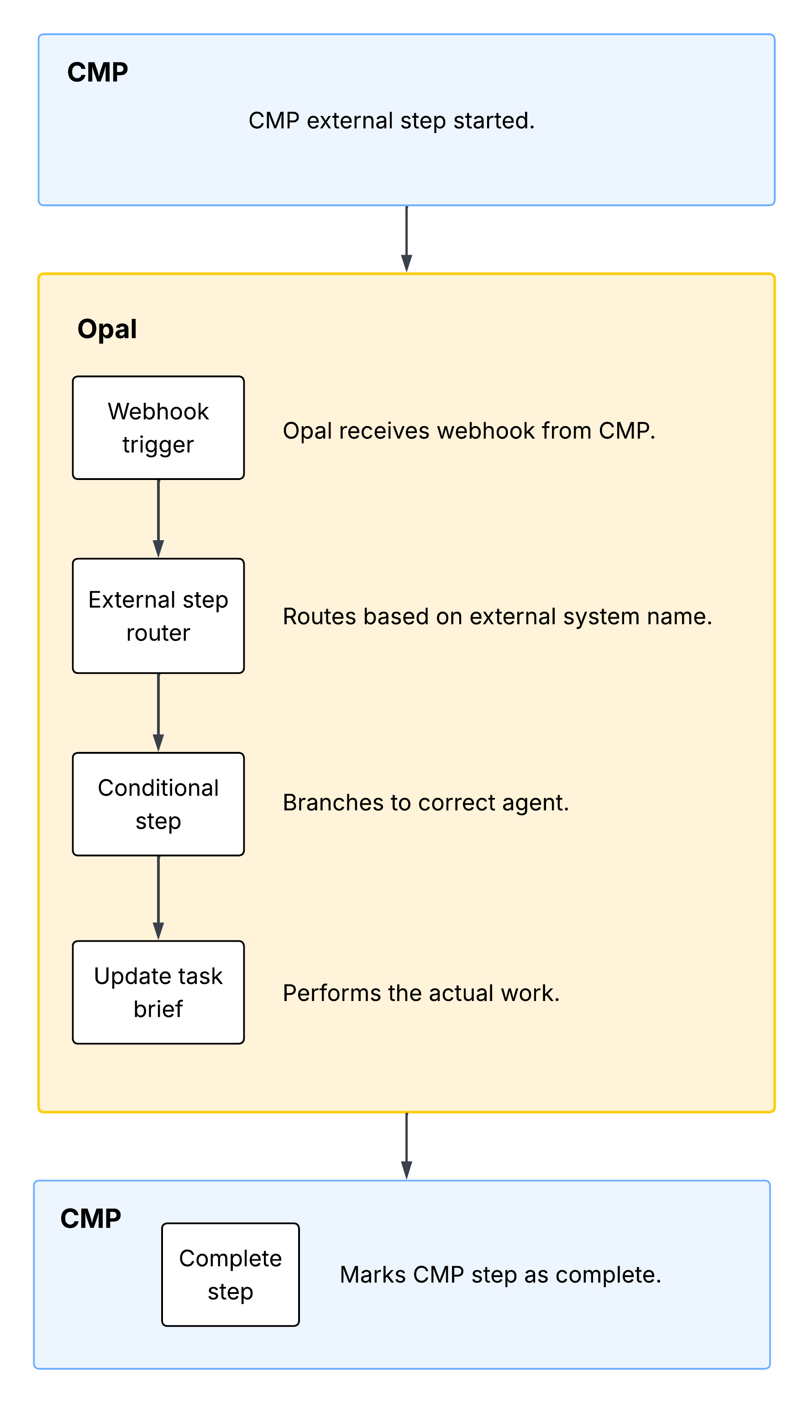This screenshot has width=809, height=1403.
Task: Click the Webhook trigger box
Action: tap(158, 428)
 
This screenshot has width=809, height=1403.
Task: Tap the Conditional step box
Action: tap(158, 804)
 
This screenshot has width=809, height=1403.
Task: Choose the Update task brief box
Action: tap(158, 992)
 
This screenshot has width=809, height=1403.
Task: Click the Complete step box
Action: tap(230, 1275)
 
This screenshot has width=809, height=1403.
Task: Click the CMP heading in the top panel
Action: tap(98, 72)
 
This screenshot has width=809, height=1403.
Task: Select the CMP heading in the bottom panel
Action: tap(90, 1219)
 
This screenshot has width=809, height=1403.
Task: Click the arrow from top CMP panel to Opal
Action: tap(407, 239)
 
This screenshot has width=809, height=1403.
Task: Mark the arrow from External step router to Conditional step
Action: tap(158, 712)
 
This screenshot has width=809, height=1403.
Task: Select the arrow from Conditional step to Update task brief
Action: tap(158, 898)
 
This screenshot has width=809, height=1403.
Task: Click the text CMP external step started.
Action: tap(391, 120)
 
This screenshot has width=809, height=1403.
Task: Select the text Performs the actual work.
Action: tap(420, 993)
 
